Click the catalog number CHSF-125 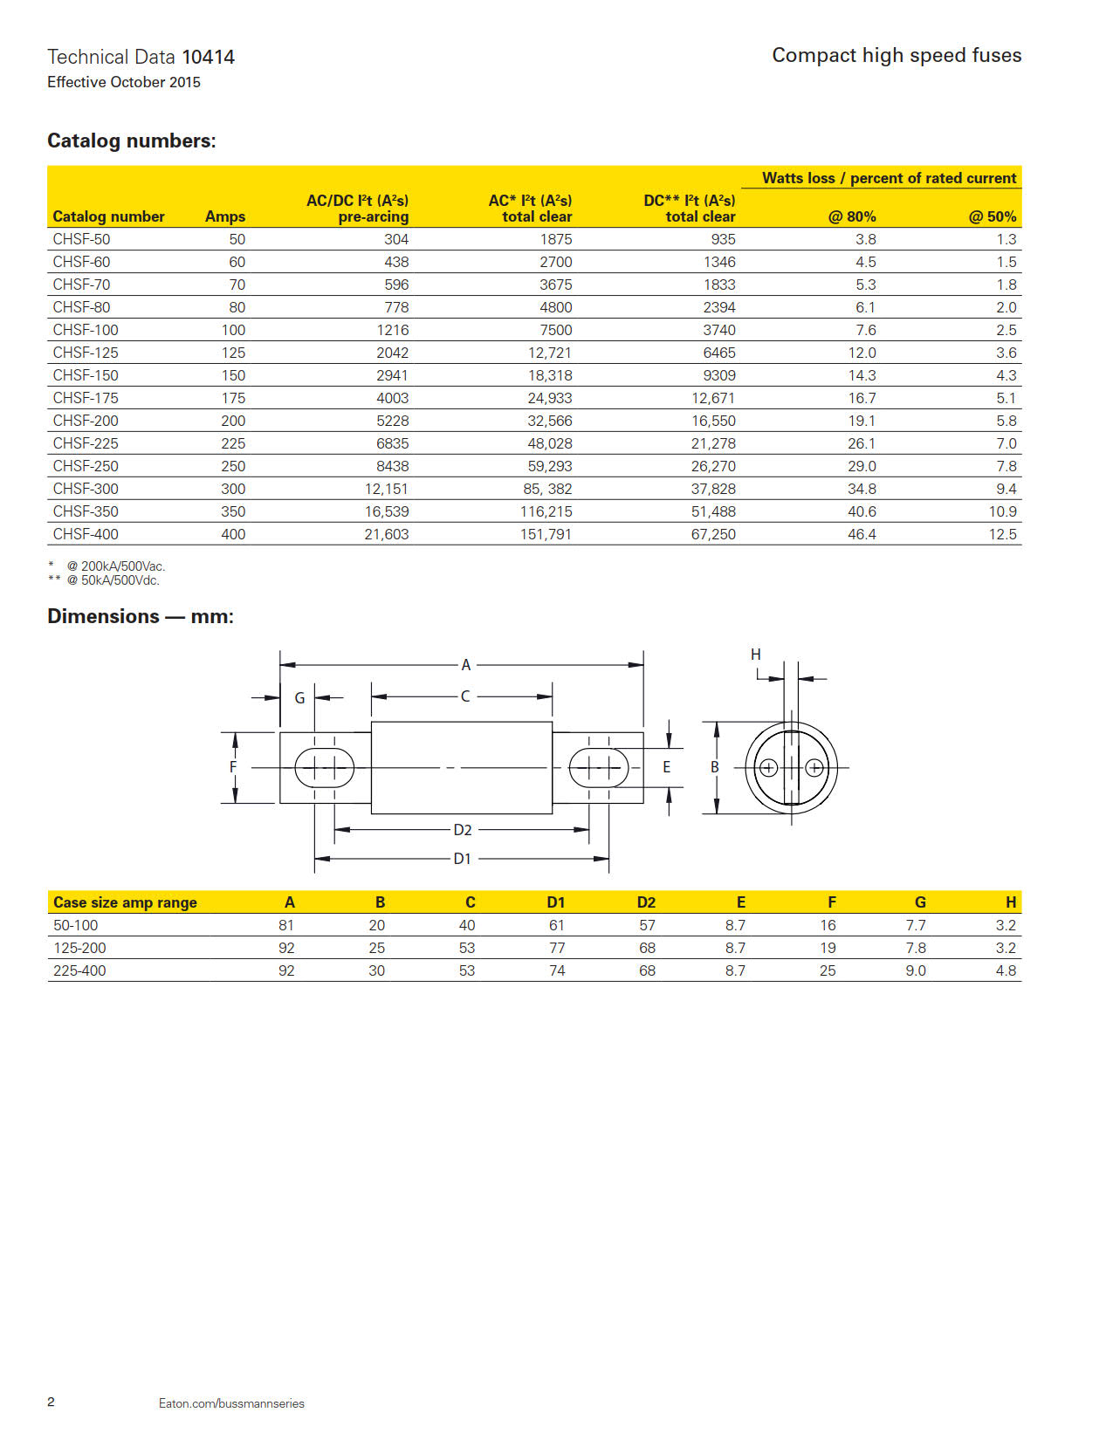[86, 353]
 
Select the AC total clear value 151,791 [546, 534]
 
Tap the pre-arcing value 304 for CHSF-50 [396, 239]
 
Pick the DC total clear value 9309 [719, 375]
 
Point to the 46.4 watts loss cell [862, 534]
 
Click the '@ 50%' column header [993, 216]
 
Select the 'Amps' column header [225, 216]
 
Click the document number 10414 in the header [208, 58]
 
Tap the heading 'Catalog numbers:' [132, 141]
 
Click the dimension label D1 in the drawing [462, 859]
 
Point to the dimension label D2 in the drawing [463, 830]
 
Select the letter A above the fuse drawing [466, 665]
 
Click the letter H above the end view [756, 655]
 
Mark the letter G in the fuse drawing [299, 698]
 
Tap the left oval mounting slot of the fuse [325, 768]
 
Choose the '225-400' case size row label [79, 970]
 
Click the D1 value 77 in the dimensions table [557, 948]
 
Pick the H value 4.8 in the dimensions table [1006, 970]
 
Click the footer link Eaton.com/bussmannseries [231, 1403]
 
